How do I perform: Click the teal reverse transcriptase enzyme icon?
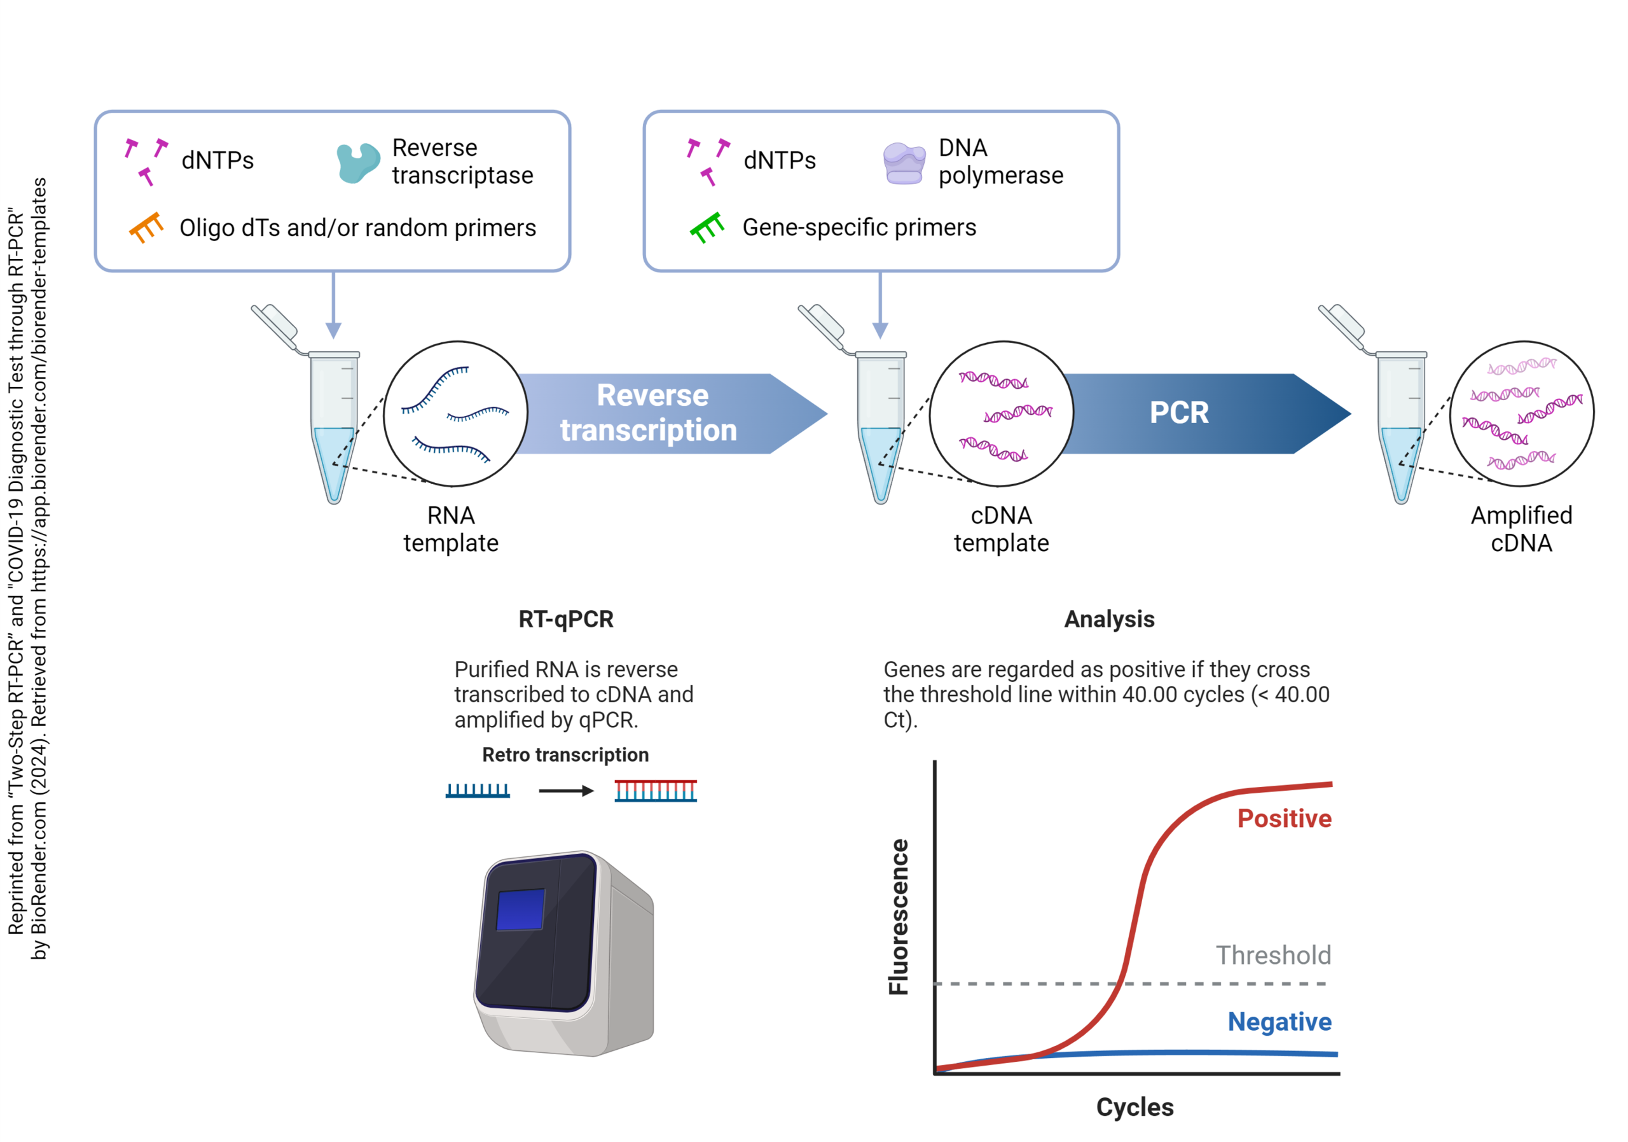pyautogui.click(x=357, y=162)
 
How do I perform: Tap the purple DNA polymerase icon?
pyautogui.click(x=904, y=163)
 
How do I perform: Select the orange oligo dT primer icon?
pyautogui.click(x=147, y=227)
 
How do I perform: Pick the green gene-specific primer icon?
pyautogui.click(x=707, y=228)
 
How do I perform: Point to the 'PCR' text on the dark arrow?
pyautogui.click(x=1178, y=413)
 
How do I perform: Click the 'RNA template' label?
pyautogui.click(x=451, y=529)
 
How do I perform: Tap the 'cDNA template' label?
pyautogui.click(x=1001, y=529)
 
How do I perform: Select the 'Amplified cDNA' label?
pyautogui.click(x=1522, y=529)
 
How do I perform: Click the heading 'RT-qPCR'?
pyautogui.click(x=566, y=619)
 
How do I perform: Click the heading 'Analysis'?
pyautogui.click(x=1109, y=619)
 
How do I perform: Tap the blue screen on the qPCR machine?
pyautogui.click(x=520, y=909)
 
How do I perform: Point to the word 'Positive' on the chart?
pyautogui.click(x=1284, y=819)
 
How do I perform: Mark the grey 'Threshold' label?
pyautogui.click(x=1274, y=956)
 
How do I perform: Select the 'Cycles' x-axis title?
pyautogui.click(x=1135, y=1107)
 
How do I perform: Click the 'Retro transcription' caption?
pyautogui.click(x=565, y=755)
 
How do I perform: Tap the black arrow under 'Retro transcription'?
pyautogui.click(x=566, y=791)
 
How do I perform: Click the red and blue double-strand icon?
pyautogui.click(x=656, y=791)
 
